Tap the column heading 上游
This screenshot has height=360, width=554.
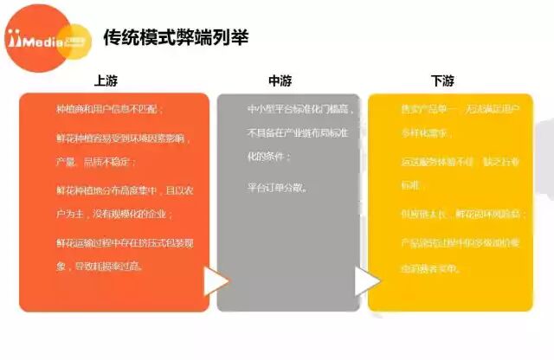106,80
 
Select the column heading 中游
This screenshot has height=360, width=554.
280,80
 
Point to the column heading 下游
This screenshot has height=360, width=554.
442,80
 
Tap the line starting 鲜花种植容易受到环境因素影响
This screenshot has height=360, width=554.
119,138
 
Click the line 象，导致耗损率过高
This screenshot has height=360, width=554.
100,267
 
